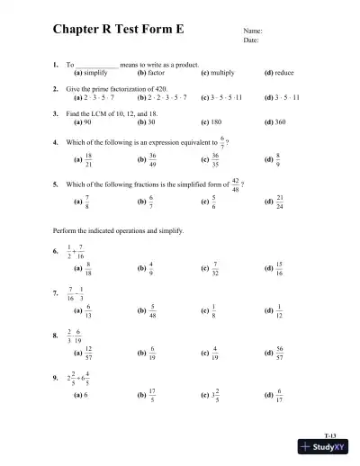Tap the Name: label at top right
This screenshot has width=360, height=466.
(x=253, y=31)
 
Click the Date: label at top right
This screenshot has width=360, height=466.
(x=251, y=40)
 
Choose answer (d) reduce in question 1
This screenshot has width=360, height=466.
(x=283, y=73)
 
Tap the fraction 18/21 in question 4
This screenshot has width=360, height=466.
(x=88, y=158)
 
